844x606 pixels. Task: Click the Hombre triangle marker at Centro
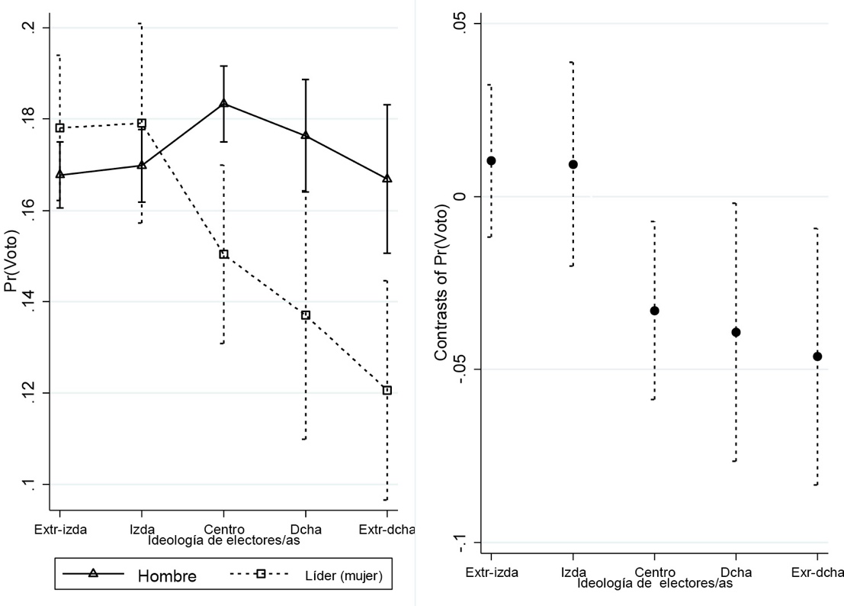(x=223, y=102)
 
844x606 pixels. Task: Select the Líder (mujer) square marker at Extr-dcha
(x=387, y=390)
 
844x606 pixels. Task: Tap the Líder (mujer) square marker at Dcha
(x=305, y=314)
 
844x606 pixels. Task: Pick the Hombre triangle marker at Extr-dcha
(x=387, y=179)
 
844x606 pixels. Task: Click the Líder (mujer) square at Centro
(x=223, y=254)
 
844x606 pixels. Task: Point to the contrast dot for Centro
(x=654, y=311)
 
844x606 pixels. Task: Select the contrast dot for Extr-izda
(x=491, y=160)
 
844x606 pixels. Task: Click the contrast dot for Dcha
(x=736, y=332)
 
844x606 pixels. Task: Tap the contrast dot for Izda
(x=573, y=164)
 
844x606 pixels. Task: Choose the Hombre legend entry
(x=166, y=576)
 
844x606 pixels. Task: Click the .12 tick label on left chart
(x=29, y=393)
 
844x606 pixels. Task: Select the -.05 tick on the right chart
(x=454, y=369)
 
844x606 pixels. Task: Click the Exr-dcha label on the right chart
(x=817, y=572)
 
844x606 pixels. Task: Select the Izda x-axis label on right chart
(x=573, y=572)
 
